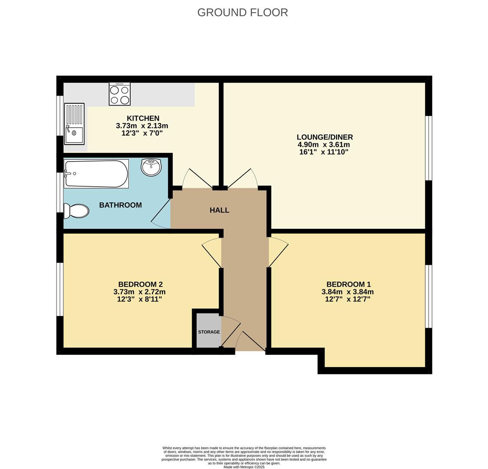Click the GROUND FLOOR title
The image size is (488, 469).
click(x=242, y=13)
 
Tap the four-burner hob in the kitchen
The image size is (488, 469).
click(x=120, y=94)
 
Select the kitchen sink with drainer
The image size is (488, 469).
click(x=74, y=124)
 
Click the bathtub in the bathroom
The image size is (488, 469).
click(x=96, y=174)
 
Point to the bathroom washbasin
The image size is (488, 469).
click(x=151, y=167)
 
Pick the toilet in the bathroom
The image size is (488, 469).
click(x=76, y=211)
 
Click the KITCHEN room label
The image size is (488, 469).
click(x=143, y=118)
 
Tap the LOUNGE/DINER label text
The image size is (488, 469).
click(x=325, y=137)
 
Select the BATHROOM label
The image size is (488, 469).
click(x=120, y=205)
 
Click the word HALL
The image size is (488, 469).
click(x=219, y=210)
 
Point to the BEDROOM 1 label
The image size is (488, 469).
click(x=349, y=284)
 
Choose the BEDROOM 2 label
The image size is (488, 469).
click(x=140, y=284)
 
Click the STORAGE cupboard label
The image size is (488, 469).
click(x=209, y=332)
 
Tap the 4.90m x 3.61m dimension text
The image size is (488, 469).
click(x=324, y=145)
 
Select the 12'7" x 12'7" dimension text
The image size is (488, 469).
click(x=348, y=299)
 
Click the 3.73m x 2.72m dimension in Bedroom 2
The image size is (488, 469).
click(x=139, y=292)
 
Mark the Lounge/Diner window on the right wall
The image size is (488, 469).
click(x=428, y=148)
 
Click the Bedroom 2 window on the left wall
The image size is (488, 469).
click(x=60, y=289)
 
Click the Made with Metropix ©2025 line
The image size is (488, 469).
click(x=244, y=467)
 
